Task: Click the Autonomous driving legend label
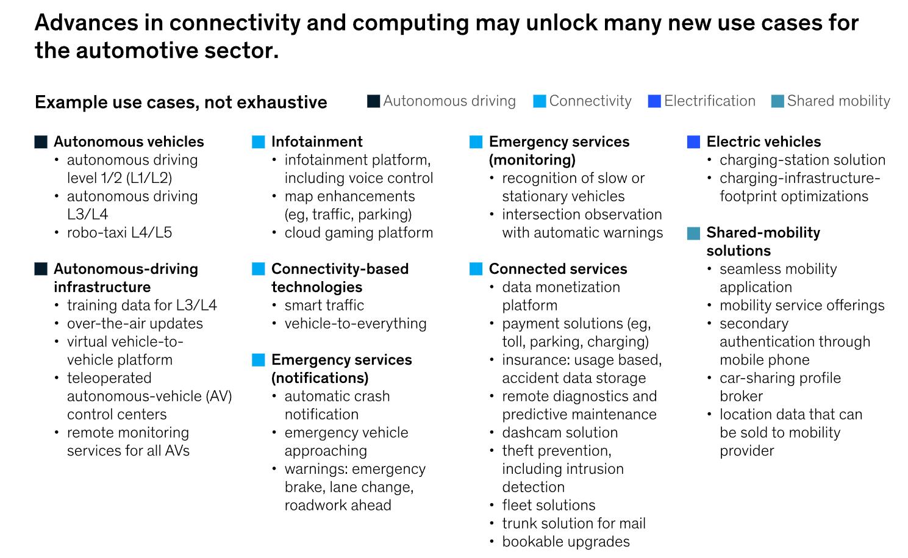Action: click(449, 101)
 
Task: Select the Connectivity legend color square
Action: click(539, 101)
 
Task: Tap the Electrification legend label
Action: click(709, 101)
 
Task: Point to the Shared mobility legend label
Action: click(838, 101)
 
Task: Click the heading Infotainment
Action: click(316, 141)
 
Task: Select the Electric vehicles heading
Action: click(763, 141)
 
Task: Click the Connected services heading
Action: click(557, 269)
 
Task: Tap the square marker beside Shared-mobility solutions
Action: click(693, 233)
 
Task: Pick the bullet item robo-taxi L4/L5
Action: click(120, 232)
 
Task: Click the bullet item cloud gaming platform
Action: click(359, 232)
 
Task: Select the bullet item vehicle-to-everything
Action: click(356, 323)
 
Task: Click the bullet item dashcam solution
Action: click(560, 432)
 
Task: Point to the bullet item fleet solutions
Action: click(548, 505)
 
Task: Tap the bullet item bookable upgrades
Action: click(566, 542)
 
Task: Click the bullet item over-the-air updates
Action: click(135, 323)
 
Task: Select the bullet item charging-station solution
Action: click(802, 160)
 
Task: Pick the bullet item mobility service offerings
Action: click(801, 305)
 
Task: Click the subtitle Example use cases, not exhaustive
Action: click(181, 102)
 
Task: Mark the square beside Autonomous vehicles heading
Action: click(41, 142)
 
